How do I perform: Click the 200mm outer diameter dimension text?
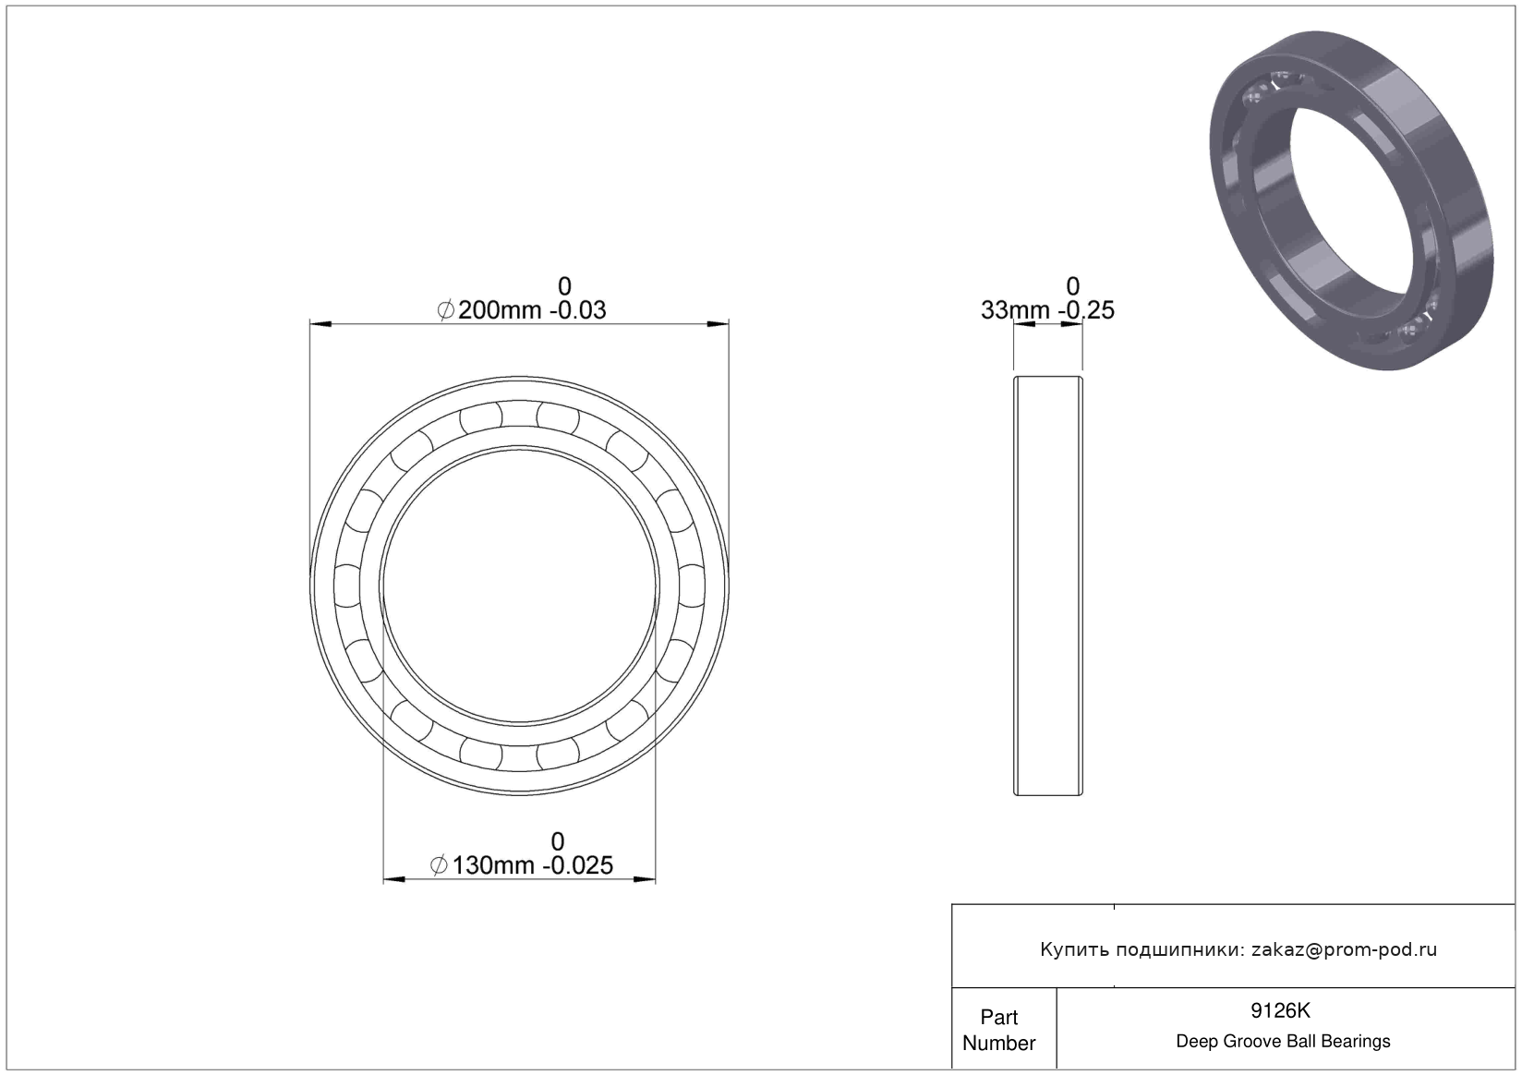[500, 310]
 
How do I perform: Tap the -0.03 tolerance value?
[577, 310]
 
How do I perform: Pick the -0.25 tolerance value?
[1086, 310]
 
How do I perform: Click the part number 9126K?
[1281, 1011]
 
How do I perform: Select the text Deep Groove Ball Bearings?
[1283, 1041]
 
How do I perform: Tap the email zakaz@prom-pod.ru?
[1344, 950]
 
